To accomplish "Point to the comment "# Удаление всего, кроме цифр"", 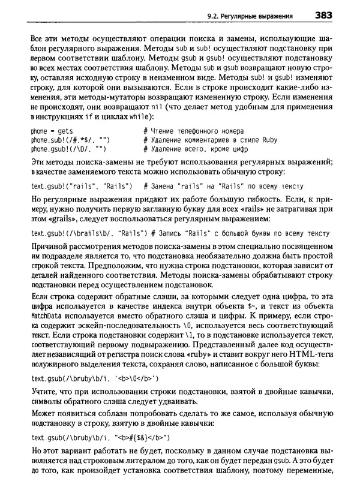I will coord(194,149).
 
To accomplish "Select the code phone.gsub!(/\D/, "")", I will coord(68,149).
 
